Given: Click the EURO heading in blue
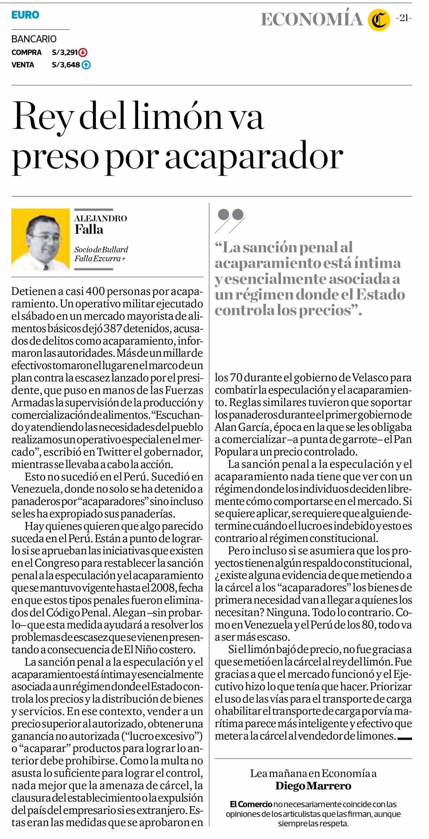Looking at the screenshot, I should [25, 15].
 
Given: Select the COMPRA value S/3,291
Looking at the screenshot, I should [65, 52].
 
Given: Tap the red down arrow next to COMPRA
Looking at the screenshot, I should [83, 52].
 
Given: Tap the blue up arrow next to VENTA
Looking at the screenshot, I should [86, 65].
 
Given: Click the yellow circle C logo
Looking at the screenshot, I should [379, 20].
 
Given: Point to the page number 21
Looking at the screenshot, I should [404, 18].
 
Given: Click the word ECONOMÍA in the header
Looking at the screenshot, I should [312, 20].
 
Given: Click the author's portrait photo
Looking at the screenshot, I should [41, 239].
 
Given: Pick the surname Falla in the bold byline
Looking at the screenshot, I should [89, 229].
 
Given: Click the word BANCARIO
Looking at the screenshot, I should [34, 39].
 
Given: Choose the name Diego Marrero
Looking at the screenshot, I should [313, 786].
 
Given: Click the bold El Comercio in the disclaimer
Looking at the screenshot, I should [251, 804].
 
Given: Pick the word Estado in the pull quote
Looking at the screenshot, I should [381, 294].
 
